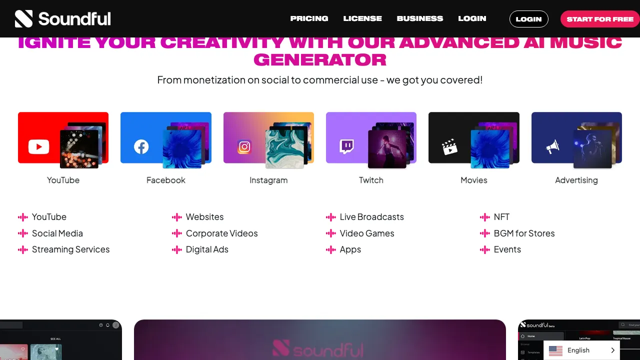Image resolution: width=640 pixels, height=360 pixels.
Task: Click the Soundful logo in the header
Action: point(62,19)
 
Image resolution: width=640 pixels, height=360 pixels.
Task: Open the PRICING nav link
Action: point(309,18)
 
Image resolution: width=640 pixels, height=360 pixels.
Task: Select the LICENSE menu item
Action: point(362,18)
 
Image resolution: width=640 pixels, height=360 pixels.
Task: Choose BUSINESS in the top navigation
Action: point(420,18)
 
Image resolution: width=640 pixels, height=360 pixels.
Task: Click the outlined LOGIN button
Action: point(528,19)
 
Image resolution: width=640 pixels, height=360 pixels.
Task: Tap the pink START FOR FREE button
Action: point(600,19)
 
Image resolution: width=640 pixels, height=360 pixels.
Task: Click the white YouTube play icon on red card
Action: point(38,146)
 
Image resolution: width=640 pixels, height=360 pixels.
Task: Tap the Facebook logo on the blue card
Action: point(141,146)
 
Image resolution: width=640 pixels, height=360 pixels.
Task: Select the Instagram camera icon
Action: point(244,146)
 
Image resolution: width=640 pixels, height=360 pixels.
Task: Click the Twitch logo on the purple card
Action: point(347,146)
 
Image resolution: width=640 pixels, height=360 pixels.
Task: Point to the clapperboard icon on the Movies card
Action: point(449,147)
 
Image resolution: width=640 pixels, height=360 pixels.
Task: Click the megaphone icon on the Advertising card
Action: point(552,146)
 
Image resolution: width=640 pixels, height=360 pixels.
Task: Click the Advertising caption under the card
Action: point(576,180)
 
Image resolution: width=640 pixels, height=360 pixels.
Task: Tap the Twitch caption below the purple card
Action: point(371,180)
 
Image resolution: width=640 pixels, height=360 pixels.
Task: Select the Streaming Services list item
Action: point(70,249)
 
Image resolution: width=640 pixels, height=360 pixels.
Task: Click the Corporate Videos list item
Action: point(221,233)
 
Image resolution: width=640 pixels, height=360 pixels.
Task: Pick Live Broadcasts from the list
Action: point(371,217)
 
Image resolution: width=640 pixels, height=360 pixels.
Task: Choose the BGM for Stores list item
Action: point(524,233)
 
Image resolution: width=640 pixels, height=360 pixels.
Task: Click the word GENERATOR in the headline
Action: point(320,60)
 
